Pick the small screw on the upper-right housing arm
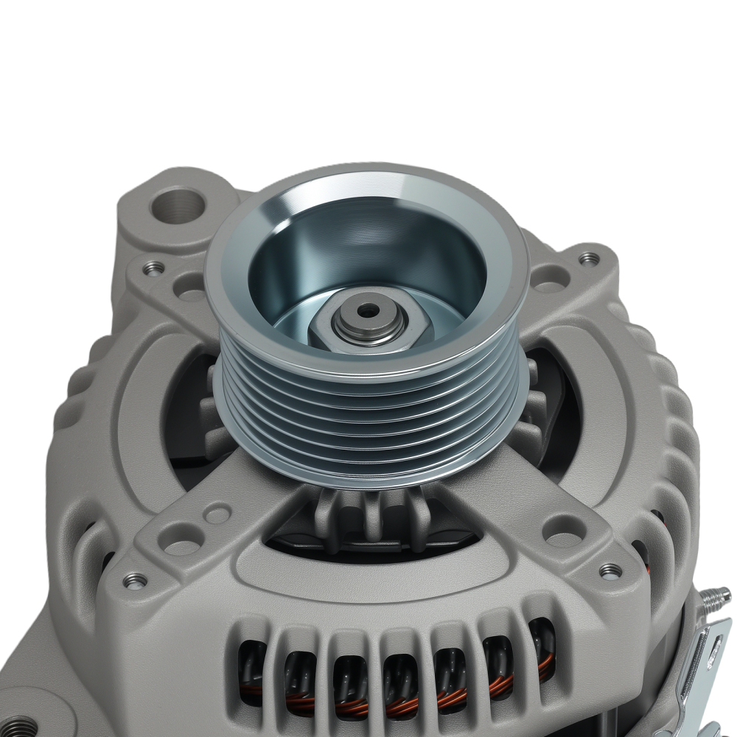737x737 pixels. [x=588, y=259]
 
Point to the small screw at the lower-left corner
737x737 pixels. [x=135, y=581]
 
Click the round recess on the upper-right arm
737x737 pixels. [x=549, y=277]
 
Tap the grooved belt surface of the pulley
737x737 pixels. [x=368, y=427]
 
